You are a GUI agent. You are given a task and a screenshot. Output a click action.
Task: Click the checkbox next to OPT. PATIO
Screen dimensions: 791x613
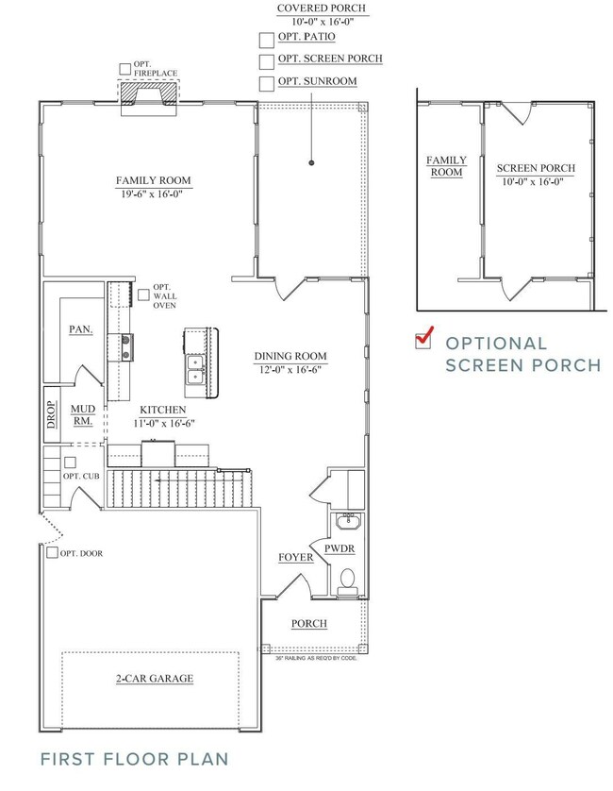tap(266, 39)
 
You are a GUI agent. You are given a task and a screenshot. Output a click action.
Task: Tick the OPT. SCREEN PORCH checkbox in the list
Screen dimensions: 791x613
tap(266, 60)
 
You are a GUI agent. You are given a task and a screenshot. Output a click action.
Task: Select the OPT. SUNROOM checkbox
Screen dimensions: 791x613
tap(266, 83)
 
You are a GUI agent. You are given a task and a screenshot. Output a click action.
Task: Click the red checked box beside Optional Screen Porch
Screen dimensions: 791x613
tap(424, 339)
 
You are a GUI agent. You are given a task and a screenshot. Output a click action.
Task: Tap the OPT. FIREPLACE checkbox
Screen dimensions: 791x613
tap(125, 68)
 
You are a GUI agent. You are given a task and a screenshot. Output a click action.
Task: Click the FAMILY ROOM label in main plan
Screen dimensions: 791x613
tap(153, 179)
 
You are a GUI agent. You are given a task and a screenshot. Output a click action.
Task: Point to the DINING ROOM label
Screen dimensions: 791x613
tap(290, 356)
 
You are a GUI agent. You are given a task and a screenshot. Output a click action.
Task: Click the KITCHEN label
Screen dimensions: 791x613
tap(161, 410)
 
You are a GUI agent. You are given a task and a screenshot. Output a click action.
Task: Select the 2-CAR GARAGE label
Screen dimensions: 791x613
tap(155, 678)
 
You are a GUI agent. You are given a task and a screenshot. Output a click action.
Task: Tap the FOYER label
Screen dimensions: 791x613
tap(295, 558)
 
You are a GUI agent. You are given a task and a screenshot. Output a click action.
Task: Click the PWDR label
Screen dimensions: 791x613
tap(339, 547)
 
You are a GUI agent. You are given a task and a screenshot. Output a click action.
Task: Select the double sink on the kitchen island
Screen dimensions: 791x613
tap(197, 368)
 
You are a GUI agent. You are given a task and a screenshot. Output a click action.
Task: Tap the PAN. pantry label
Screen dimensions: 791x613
tap(80, 329)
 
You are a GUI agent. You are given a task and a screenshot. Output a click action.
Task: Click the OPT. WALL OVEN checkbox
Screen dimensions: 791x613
tap(143, 295)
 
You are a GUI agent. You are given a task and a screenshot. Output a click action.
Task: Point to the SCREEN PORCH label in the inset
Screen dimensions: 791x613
tap(536, 168)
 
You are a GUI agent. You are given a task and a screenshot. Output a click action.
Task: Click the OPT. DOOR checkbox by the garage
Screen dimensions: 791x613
tap(51, 553)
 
